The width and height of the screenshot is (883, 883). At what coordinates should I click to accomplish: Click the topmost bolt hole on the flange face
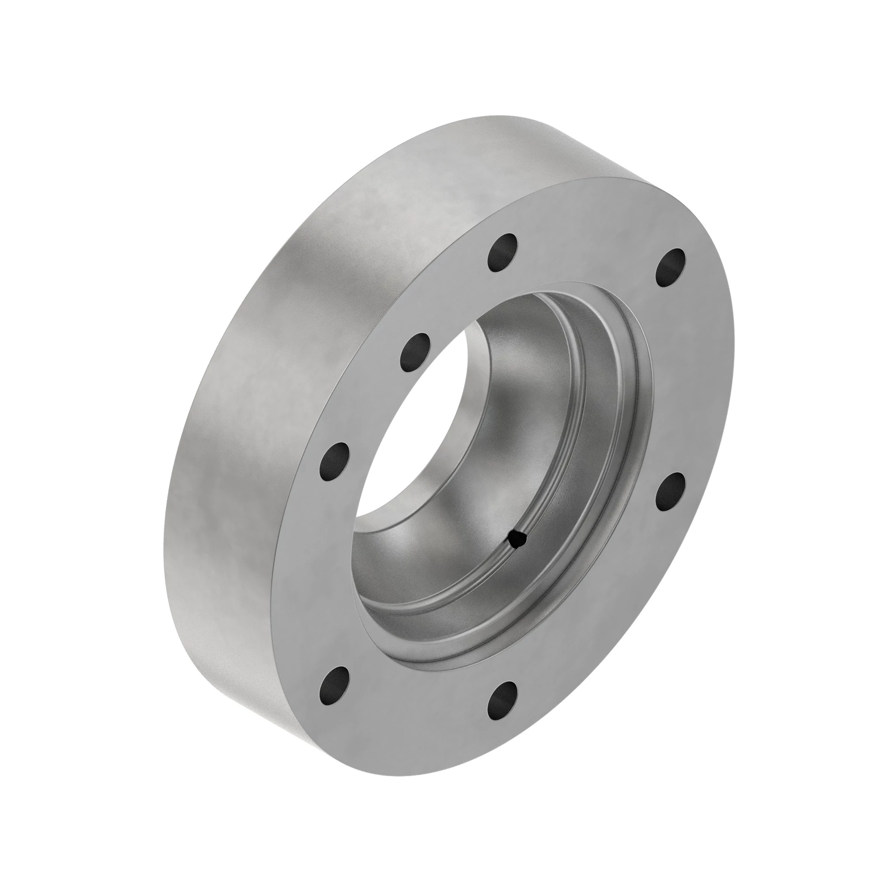[503, 252]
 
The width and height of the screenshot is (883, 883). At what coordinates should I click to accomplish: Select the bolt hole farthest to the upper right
[671, 268]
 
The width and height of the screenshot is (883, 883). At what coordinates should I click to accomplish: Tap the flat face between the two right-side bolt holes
[681, 379]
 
